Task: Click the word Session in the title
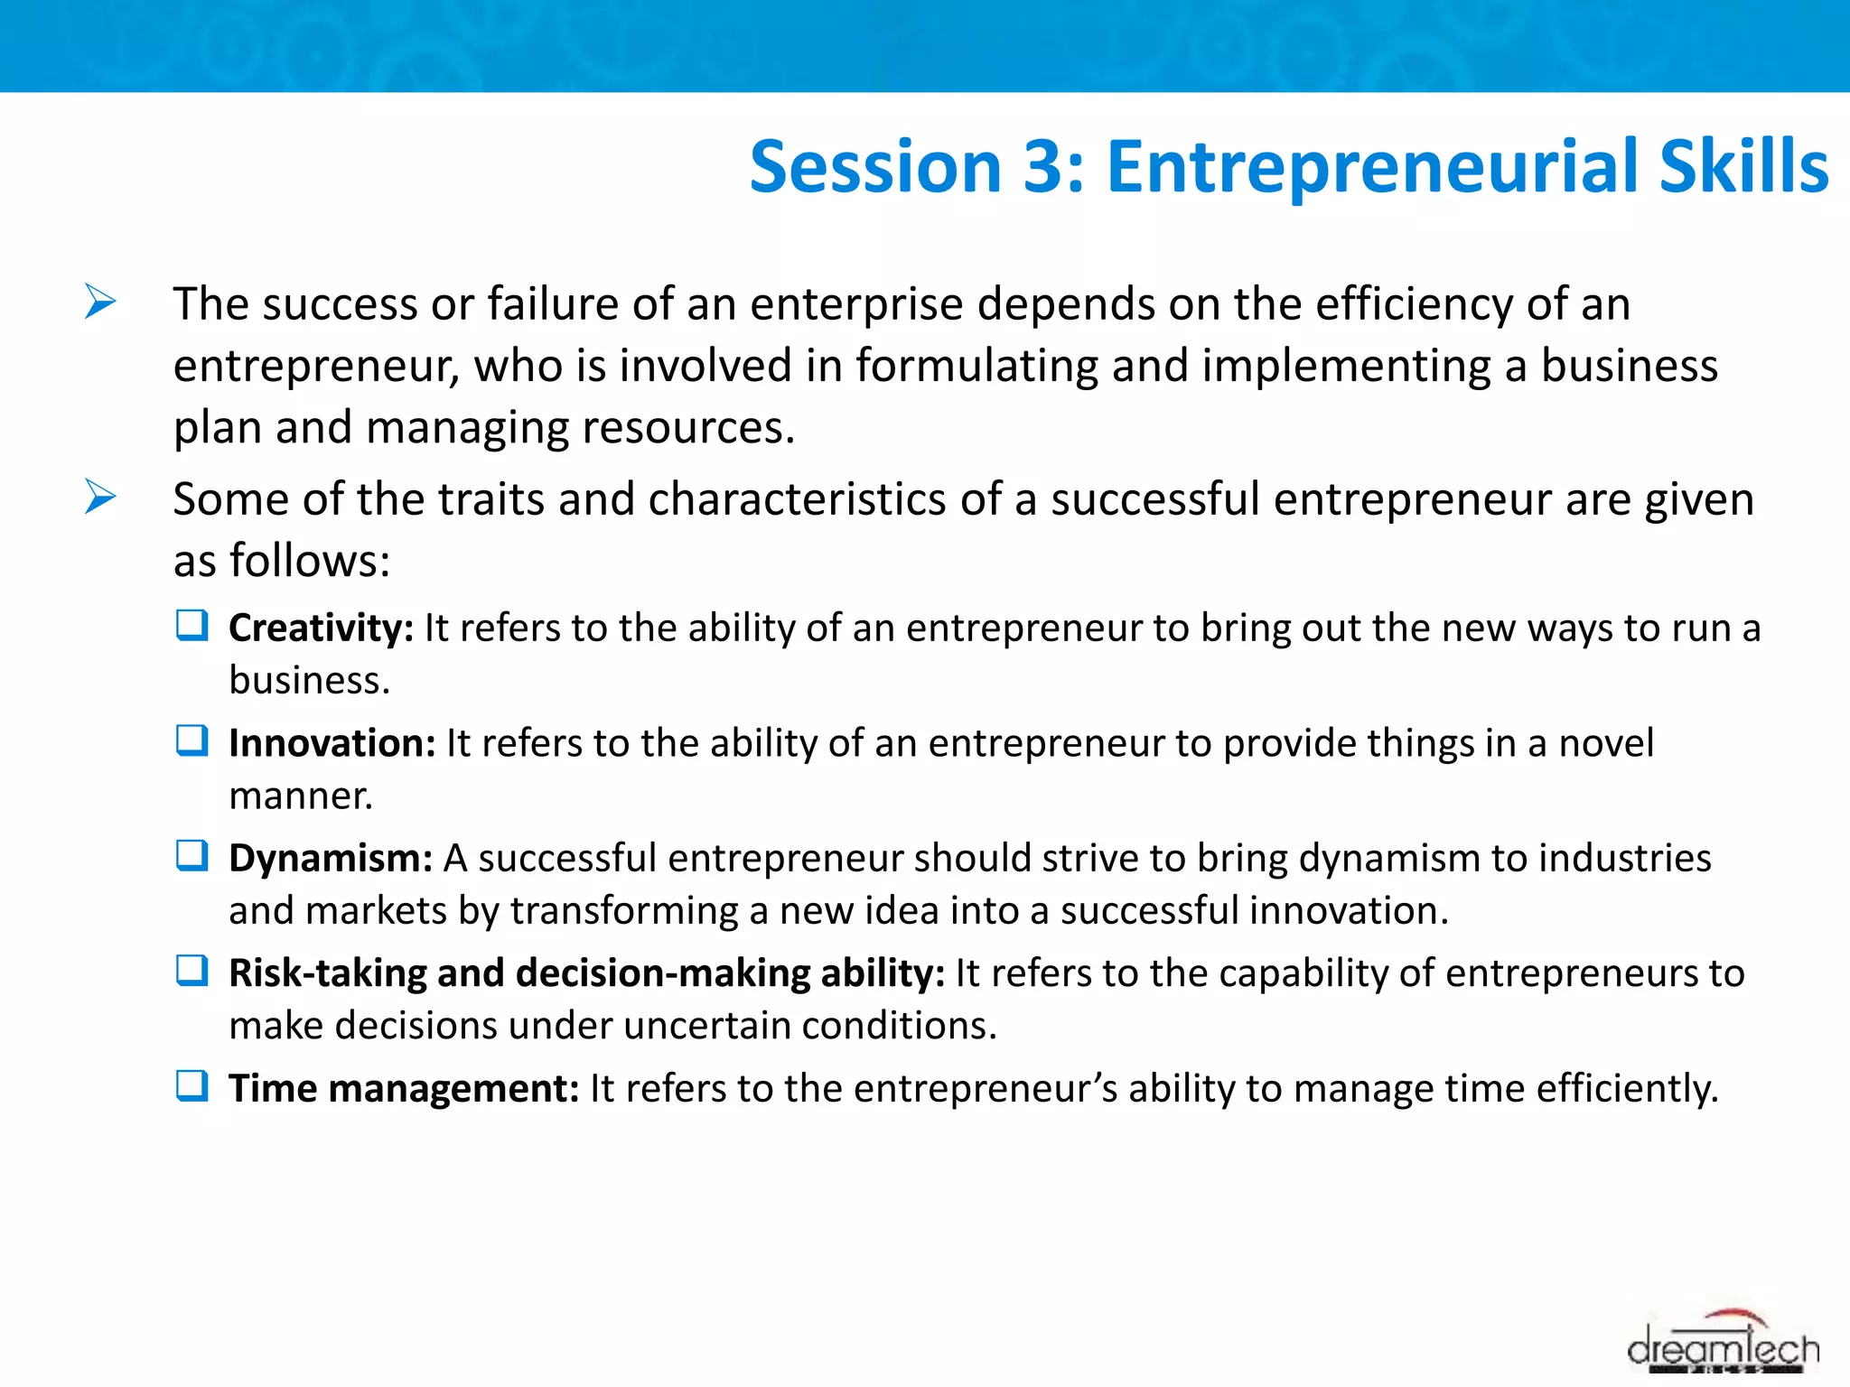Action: [x=874, y=168]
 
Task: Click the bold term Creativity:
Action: [x=321, y=628]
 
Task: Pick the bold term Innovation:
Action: [x=332, y=744]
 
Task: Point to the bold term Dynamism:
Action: [x=331, y=859]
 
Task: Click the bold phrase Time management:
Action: [x=403, y=1089]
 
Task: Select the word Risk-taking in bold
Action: [x=327, y=974]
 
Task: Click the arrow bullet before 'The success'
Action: [x=100, y=302]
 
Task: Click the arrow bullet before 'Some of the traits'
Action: [x=100, y=497]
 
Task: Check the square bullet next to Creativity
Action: [x=192, y=625]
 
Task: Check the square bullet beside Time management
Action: [x=192, y=1085]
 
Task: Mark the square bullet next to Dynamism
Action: [x=192, y=855]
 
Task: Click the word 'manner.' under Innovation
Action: [x=301, y=796]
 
